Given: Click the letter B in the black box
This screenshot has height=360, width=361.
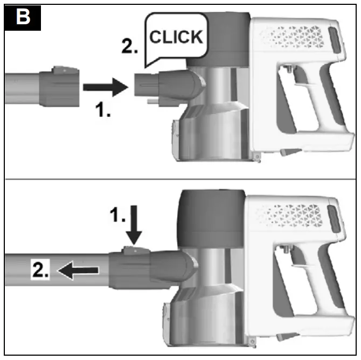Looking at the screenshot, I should tap(22, 17).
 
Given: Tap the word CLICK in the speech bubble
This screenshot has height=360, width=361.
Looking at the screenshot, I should tap(176, 38).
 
